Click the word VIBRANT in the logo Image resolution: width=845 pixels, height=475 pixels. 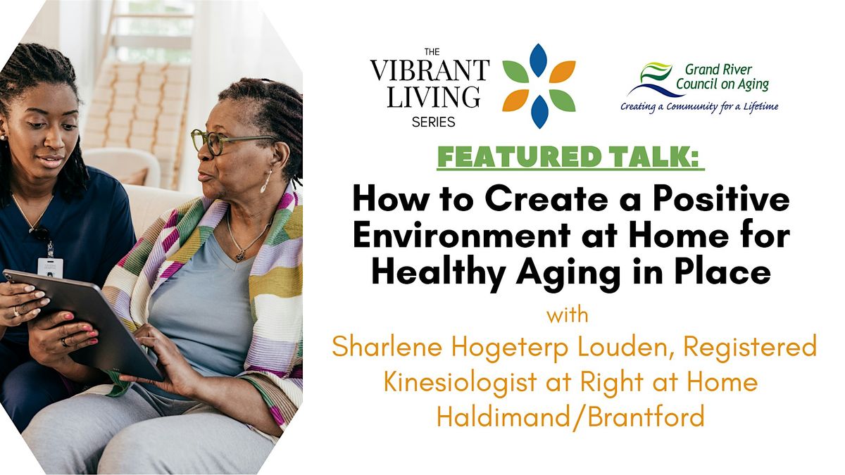(430, 70)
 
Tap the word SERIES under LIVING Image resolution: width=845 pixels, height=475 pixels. (433, 122)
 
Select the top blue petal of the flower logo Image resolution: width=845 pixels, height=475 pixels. (539, 60)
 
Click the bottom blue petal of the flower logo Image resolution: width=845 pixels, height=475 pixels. (539, 112)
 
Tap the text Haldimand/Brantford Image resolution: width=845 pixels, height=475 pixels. (570, 417)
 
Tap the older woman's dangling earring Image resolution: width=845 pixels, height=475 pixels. (265, 182)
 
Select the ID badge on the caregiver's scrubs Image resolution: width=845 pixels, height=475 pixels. (50, 266)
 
